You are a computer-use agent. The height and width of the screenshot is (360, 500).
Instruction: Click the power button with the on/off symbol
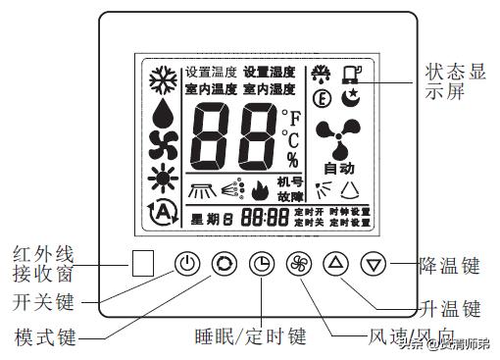pos(189,263)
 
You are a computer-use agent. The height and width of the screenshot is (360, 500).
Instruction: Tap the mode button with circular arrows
pos(225,263)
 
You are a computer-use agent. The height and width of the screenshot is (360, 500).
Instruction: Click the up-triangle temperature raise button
pos(336,263)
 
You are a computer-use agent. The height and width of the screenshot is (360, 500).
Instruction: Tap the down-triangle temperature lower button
pos(371,263)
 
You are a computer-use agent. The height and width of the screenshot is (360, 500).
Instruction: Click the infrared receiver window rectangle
pos(143,263)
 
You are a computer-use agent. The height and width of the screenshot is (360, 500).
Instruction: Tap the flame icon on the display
pos(259,188)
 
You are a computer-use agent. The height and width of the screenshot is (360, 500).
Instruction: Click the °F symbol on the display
pos(290,120)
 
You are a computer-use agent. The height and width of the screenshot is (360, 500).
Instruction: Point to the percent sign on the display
pos(292,159)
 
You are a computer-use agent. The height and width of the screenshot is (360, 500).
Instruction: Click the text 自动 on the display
pos(338,168)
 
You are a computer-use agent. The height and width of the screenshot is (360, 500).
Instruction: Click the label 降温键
pos(449,264)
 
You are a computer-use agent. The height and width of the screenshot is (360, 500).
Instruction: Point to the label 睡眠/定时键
pos(251,337)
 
